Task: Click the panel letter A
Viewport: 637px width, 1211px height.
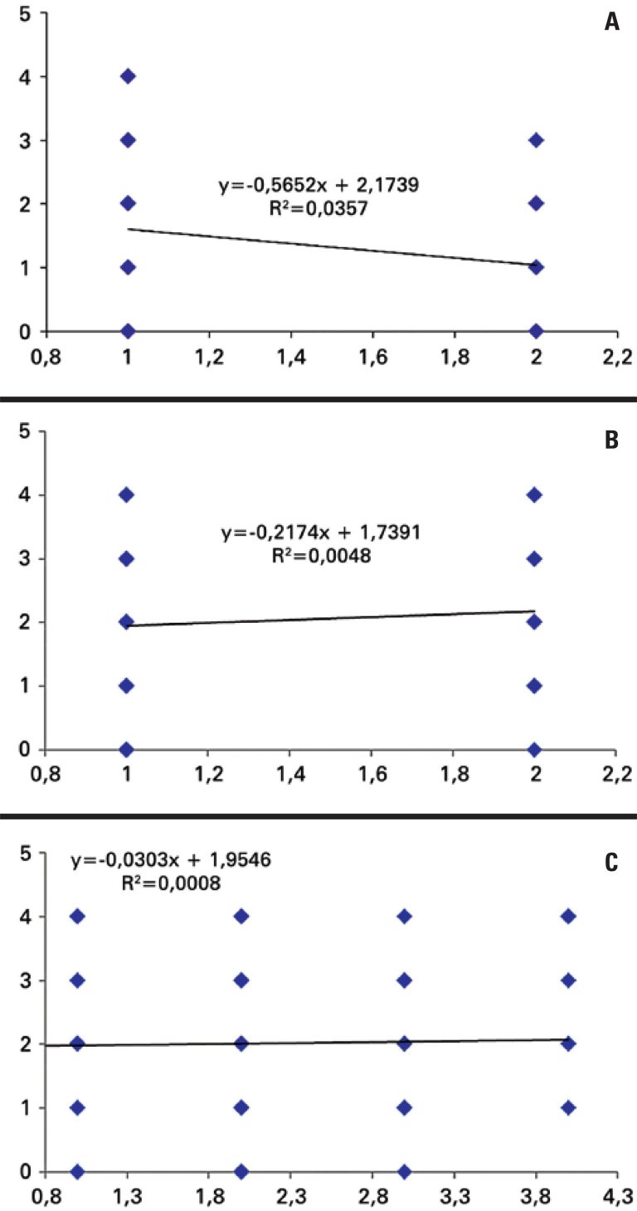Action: pyautogui.click(x=611, y=22)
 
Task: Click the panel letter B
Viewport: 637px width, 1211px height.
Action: pyautogui.click(x=611, y=440)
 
